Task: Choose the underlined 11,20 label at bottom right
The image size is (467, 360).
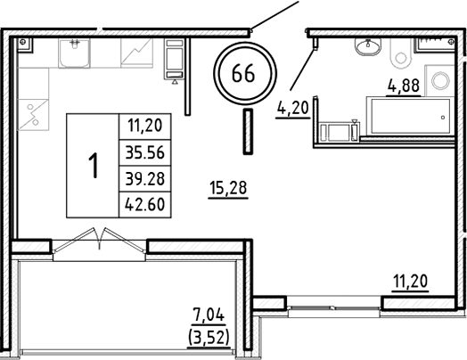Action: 411,283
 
